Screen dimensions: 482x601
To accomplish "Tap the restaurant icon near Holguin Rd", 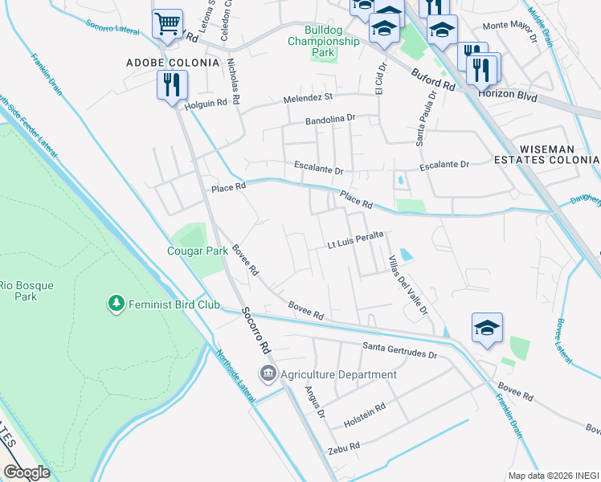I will pos(172,84).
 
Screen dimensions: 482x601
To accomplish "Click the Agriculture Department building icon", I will pos(268,374).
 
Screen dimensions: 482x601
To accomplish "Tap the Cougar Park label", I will pos(197,251).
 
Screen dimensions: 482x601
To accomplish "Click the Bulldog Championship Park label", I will pos(322,40).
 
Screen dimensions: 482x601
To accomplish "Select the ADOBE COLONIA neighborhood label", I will pos(173,62).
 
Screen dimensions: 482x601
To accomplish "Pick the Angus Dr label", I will pos(314,400).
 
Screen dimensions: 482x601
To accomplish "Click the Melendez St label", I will pos(307,98).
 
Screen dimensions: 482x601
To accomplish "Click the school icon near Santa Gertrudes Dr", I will pos(487,328).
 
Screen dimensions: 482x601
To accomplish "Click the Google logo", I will pos(27,472).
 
